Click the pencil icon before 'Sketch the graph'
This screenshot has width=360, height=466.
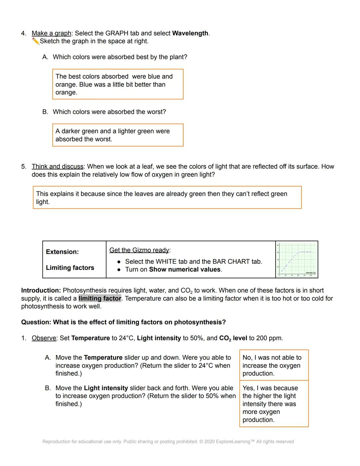point(36,41)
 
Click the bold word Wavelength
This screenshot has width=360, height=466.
point(190,33)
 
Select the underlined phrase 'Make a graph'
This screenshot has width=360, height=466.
point(51,33)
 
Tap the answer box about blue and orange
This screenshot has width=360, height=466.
point(118,84)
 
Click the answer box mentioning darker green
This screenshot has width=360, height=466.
point(118,135)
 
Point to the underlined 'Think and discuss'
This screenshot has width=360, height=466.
point(57,166)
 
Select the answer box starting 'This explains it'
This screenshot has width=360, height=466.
point(167,198)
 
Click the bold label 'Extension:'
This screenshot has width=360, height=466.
point(62,252)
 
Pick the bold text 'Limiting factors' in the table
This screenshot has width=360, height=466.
point(70,268)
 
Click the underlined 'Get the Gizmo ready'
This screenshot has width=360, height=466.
point(139,250)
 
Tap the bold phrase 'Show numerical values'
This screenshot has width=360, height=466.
point(185,270)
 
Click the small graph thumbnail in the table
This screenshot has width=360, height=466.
point(297,260)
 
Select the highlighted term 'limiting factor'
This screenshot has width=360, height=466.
point(100,299)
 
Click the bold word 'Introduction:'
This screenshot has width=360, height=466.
point(41,291)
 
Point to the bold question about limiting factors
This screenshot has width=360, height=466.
point(123,322)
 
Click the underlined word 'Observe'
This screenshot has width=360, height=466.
point(44,338)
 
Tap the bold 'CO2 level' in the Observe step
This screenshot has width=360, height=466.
point(233,338)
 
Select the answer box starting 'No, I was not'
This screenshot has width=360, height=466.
point(274,365)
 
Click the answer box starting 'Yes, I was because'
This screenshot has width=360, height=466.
point(274,404)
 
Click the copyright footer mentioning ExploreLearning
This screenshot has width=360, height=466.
point(168,442)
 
